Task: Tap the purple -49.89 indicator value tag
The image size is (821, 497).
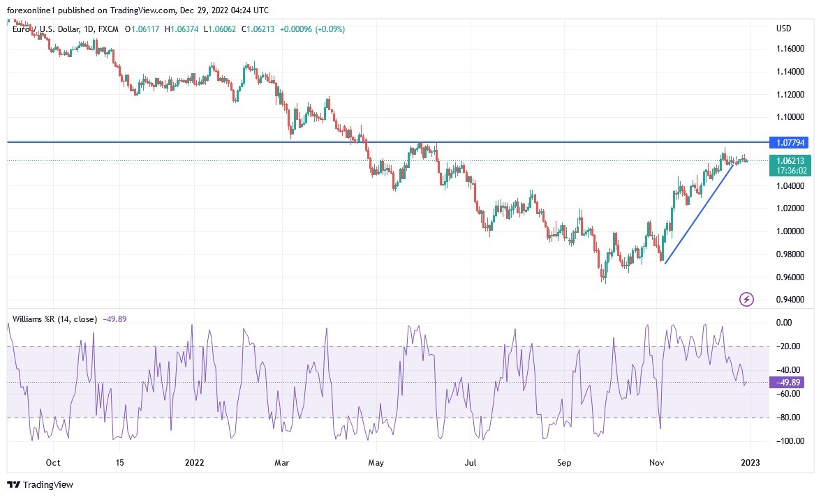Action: pyautogui.click(x=789, y=382)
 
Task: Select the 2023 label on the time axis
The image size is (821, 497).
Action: pyautogui.click(x=749, y=462)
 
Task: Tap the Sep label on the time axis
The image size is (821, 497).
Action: pyautogui.click(x=564, y=462)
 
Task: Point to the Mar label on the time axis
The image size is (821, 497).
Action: pyautogui.click(x=282, y=462)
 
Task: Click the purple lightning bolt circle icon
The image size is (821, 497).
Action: pyautogui.click(x=746, y=300)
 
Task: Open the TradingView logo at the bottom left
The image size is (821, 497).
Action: pyautogui.click(x=40, y=484)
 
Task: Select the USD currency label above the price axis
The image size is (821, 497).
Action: pyautogui.click(x=783, y=29)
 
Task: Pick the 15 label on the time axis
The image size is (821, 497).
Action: pyautogui.click(x=119, y=462)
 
